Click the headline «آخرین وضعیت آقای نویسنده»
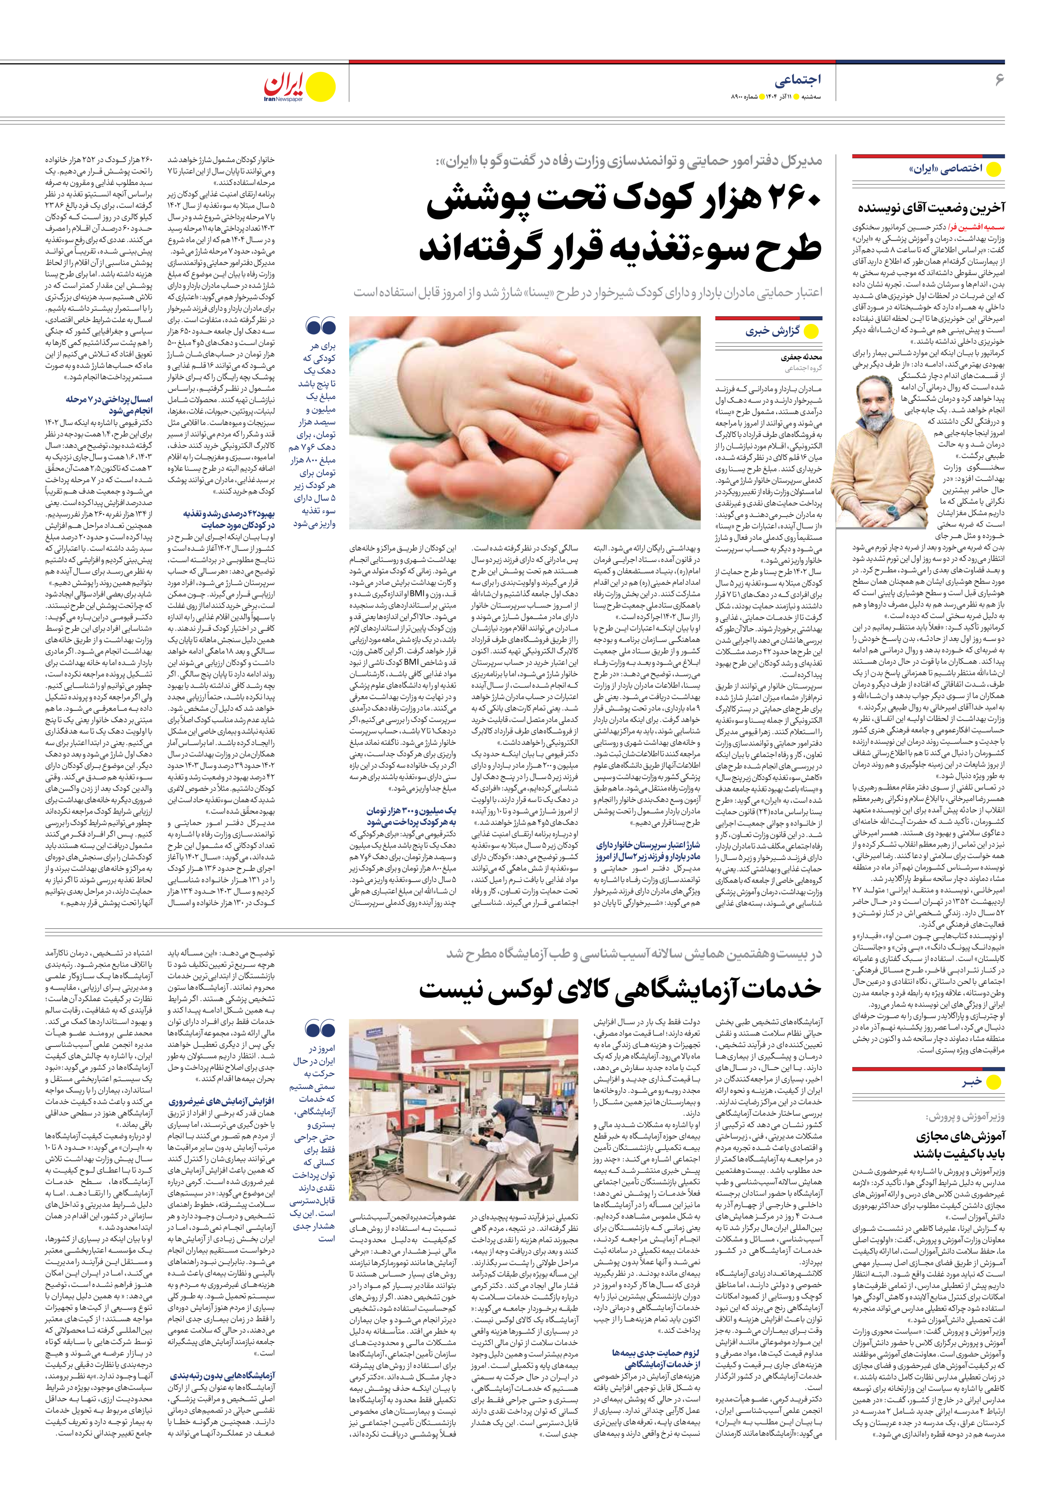[x=931, y=208]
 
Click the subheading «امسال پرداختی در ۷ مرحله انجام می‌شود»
[x=109, y=405]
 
